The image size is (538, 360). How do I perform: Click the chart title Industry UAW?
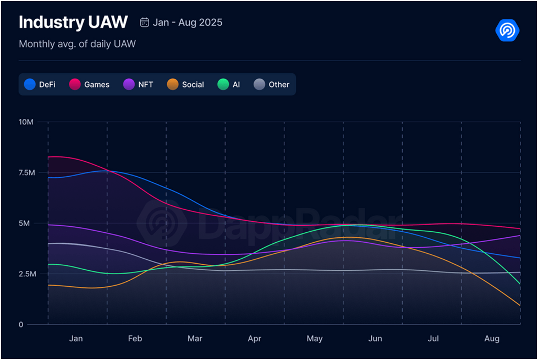pos(73,23)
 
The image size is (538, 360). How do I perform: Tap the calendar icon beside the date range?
pos(145,23)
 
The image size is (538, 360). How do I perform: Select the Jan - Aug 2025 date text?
pos(188,23)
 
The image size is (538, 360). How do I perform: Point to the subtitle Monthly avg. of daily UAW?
pos(77,43)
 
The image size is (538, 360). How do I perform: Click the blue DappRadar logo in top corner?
pos(507,30)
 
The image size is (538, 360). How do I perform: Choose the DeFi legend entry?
pos(40,84)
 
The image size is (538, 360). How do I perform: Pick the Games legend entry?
pos(90,84)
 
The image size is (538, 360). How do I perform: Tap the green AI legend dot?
pos(223,84)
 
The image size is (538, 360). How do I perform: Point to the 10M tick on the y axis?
pos(26,122)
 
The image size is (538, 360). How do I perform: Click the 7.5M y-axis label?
pos(26,172)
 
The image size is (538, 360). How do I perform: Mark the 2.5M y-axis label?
pos(26,274)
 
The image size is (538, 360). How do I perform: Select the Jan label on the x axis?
pos(76,339)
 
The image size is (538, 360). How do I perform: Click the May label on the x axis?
pos(314,339)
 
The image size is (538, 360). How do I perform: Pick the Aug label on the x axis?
pos(492,339)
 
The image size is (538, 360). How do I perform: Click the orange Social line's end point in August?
pos(520,306)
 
